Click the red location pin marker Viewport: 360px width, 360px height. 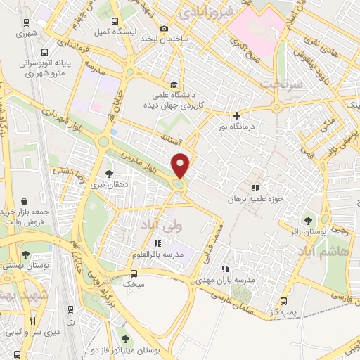[x=181, y=165]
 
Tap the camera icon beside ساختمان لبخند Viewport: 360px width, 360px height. [x=165, y=29]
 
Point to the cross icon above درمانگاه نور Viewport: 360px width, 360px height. [x=236, y=115]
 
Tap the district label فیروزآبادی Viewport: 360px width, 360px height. [x=207, y=12]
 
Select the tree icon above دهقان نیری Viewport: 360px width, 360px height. [x=108, y=174]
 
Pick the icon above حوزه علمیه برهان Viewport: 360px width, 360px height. [x=255, y=188]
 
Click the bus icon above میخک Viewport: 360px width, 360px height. [x=134, y=273]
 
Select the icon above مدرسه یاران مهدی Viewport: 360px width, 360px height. [x=225, y=268]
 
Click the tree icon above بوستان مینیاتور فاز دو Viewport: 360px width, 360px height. [x=125, y=338]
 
